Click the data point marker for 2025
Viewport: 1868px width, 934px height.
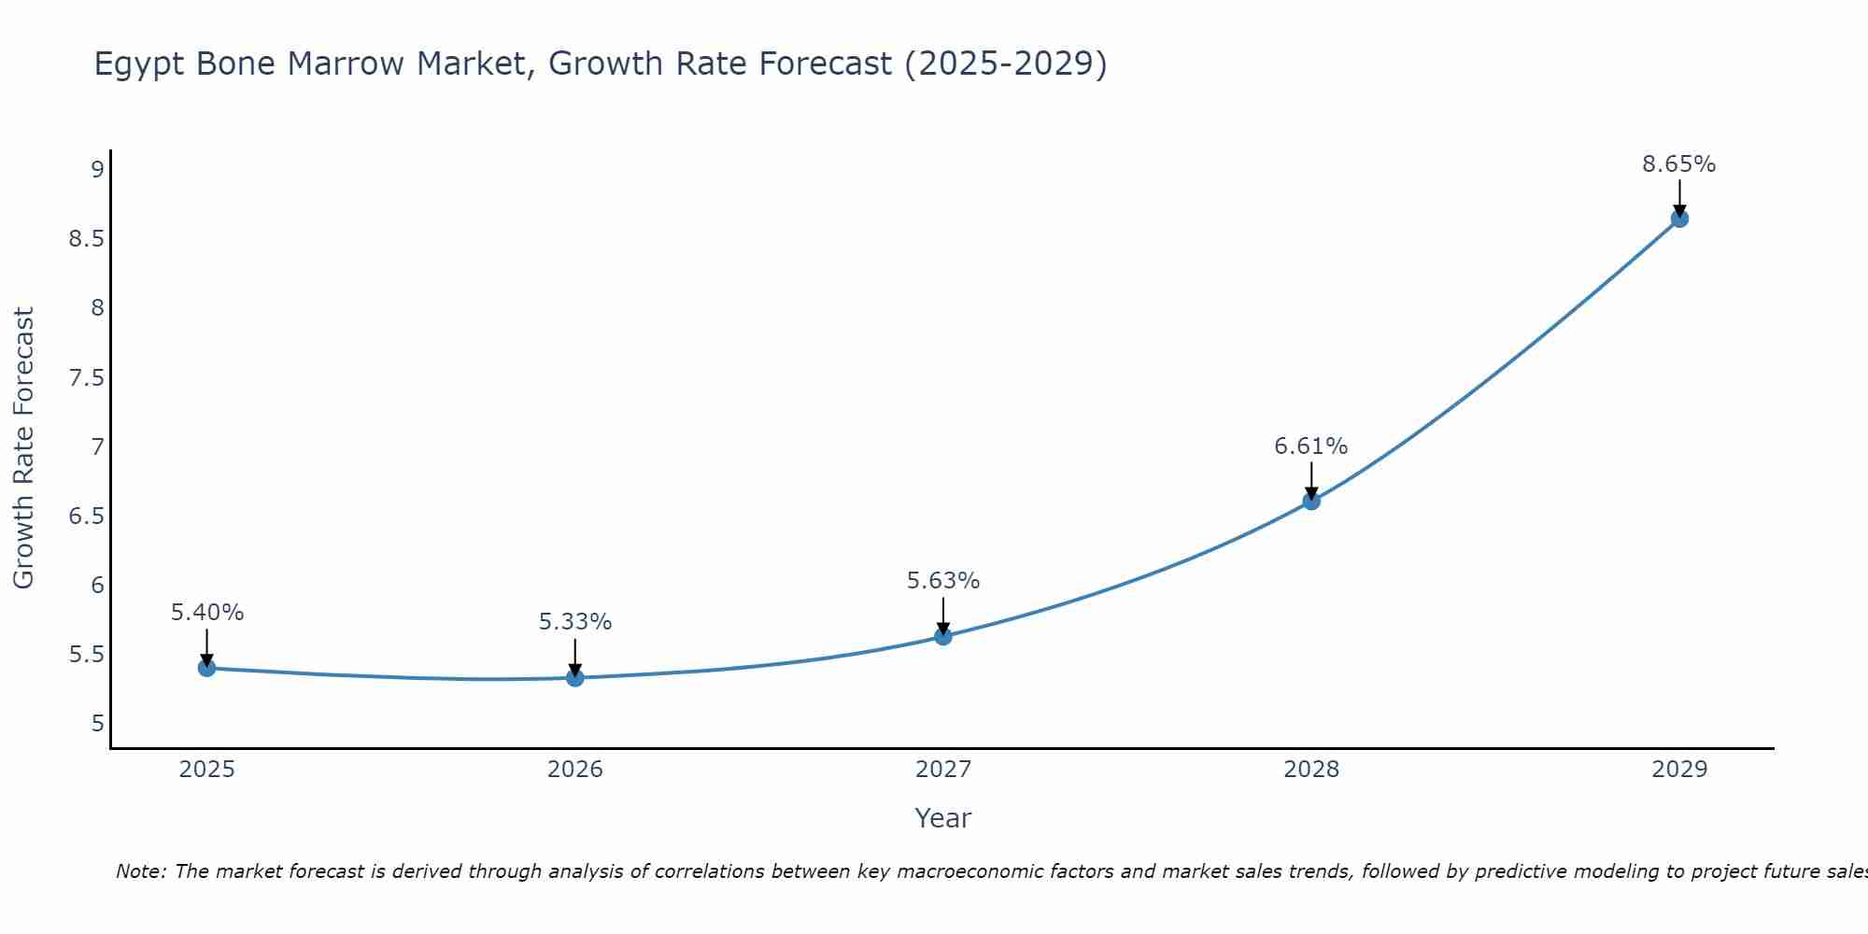pyautogui.click(x=207, y=668)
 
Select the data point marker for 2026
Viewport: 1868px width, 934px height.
pyautogui.click(x=575, y=677)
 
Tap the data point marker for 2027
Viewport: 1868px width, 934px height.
pyautogui.click(x=943, y=636)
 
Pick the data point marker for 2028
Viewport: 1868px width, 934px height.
pyautogui.click(x=1311, y=501)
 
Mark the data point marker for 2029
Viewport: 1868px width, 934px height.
pyautogui.click(x=1679, y=219)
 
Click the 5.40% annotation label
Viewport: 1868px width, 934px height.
pyautogui.click(x=207, y=613)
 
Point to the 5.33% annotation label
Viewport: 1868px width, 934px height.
pyautogui.click(x=575, y=622)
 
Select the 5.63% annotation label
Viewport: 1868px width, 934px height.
pyautogui.click(x=943, y=581)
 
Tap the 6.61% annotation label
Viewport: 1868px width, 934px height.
pyautogui.click(x=1311, y=446)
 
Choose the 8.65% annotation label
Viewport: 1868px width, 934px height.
pyautogui.click(x=1679, y=164)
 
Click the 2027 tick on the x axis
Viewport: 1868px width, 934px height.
pyautogui.click(x=943, y=770)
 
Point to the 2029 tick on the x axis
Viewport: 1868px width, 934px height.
pyautogui.click(x=1679, y=770)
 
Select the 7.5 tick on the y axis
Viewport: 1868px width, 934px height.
pyautogui.click(x=86, y=377)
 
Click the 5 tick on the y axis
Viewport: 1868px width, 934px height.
pyautogui.click(x=97, y=723)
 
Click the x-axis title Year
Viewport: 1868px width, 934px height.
pyautogui.click(x=943, y=818)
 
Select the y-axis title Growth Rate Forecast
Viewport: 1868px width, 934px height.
pyautogui.click(x=24, y=448)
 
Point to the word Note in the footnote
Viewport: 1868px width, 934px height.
pyautogui.click(x=140, y=871)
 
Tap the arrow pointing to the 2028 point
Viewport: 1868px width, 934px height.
pyautogui.click(x=1311, y=478)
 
